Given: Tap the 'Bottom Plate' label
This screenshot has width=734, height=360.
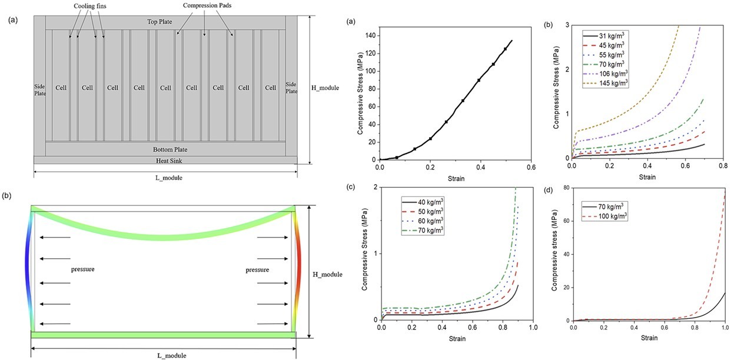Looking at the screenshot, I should click(165, 149).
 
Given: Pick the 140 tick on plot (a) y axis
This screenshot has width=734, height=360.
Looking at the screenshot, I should click(370, 36).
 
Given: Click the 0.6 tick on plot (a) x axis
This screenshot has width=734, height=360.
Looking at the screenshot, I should click(531, 167).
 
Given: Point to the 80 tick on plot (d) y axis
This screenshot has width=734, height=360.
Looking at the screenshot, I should click(566, 188).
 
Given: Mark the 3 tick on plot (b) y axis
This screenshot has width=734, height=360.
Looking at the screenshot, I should click(566, 25).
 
